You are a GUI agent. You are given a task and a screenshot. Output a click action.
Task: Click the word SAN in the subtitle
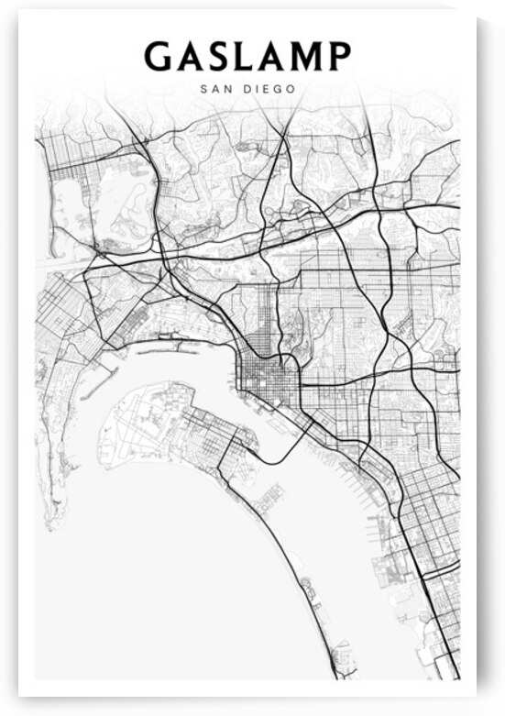click(214, 90)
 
